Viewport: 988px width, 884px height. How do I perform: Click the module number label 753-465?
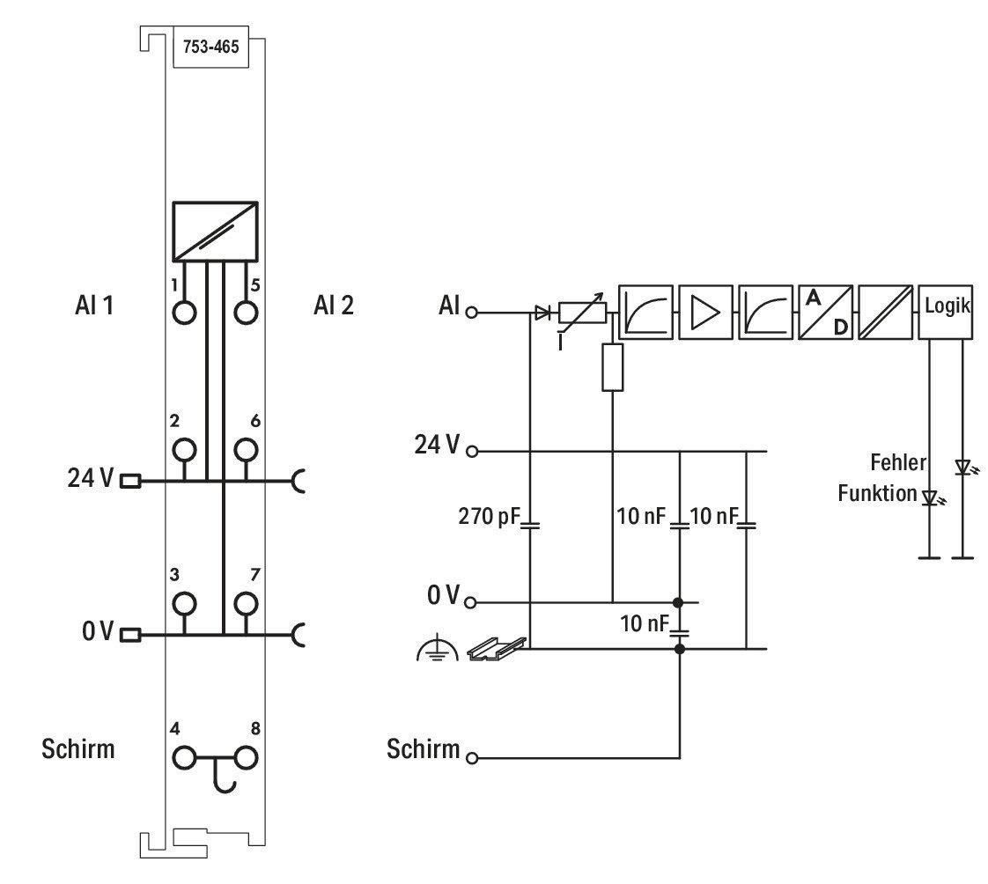[211, 48]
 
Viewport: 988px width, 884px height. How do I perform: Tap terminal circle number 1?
[184, 313]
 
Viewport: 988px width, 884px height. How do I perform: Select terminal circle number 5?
[246, 313]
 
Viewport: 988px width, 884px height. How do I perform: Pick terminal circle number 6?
[246, 450]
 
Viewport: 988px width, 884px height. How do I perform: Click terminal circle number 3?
[184, 604]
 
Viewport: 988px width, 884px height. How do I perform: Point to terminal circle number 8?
[246, 758]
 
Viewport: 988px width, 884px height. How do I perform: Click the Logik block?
[946, 312]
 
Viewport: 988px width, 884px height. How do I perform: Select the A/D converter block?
[825, 312]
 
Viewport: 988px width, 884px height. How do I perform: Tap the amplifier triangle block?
[705, 312]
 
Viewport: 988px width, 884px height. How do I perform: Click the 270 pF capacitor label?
[490, 517]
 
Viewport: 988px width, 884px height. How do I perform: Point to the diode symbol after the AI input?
[542, 312]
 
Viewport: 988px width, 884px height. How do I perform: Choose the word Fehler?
[898, 462]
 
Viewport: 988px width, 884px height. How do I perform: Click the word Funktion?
[877, 493]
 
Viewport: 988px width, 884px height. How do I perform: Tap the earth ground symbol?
[438, 651]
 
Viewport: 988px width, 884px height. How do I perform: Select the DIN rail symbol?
[497, 648]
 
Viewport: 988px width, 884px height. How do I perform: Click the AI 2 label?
[334, 306]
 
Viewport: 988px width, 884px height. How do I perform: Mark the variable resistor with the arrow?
[583, 313]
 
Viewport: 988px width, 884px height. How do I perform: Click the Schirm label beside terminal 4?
[78, 749]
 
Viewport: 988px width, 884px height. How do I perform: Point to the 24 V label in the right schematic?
[437, 445]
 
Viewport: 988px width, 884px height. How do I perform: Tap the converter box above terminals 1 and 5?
[216, 232]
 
